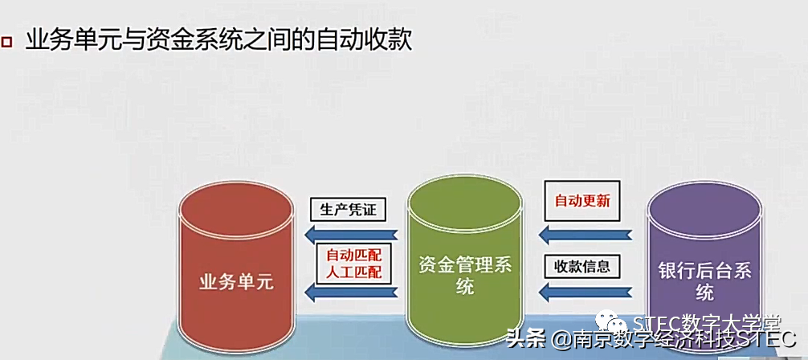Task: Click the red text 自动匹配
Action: (353, 255)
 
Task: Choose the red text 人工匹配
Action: (353, 272)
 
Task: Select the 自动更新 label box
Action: (582, 200)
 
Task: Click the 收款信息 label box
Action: (582, 267)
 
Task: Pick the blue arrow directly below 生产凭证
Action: (350, 235)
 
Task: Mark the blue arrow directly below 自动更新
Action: (585, 235)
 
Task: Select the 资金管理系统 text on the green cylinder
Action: (466, 275)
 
